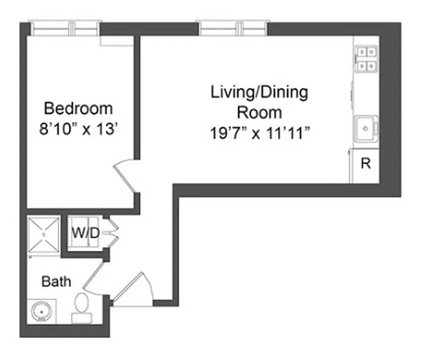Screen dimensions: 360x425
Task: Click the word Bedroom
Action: click(78, 108)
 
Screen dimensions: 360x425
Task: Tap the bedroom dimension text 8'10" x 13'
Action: click(78, 130)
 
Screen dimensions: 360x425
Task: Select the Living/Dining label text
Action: click(259, 93)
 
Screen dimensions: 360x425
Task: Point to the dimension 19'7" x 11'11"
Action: click(259, 134)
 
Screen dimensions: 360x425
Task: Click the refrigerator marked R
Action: click(365, 164)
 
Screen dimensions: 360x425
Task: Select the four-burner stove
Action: click(366, 59)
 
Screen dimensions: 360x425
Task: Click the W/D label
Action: click(85, 233)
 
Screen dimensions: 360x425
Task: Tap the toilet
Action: click(81, 307)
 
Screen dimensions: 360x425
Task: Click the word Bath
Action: click(56, 282)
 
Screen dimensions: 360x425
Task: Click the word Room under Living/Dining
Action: click(259, 112)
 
